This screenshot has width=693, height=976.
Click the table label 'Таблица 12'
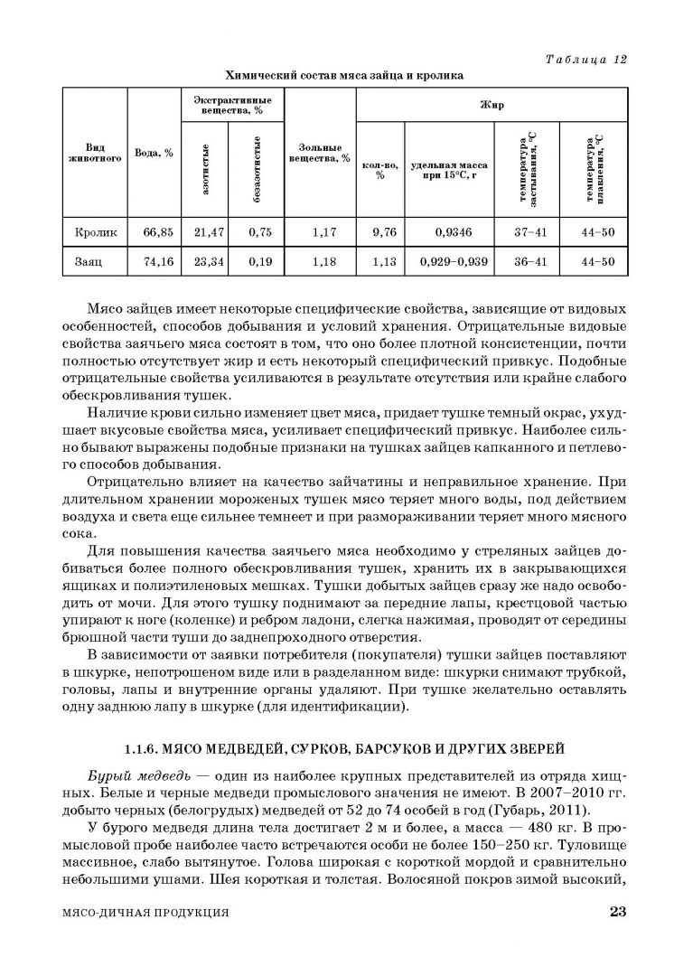[x=586, y=60]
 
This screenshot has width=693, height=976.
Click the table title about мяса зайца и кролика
[x=344, y=76]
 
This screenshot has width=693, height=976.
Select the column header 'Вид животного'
[x=96, y=152]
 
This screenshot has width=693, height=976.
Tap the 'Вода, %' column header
[x=154, y=152]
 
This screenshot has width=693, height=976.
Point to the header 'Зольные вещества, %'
[x=320, y=152]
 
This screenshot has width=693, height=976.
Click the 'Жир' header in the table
[x=492, y=105]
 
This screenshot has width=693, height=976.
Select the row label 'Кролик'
[x=96, y=232]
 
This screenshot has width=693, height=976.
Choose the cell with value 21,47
[x=209, y=232]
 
